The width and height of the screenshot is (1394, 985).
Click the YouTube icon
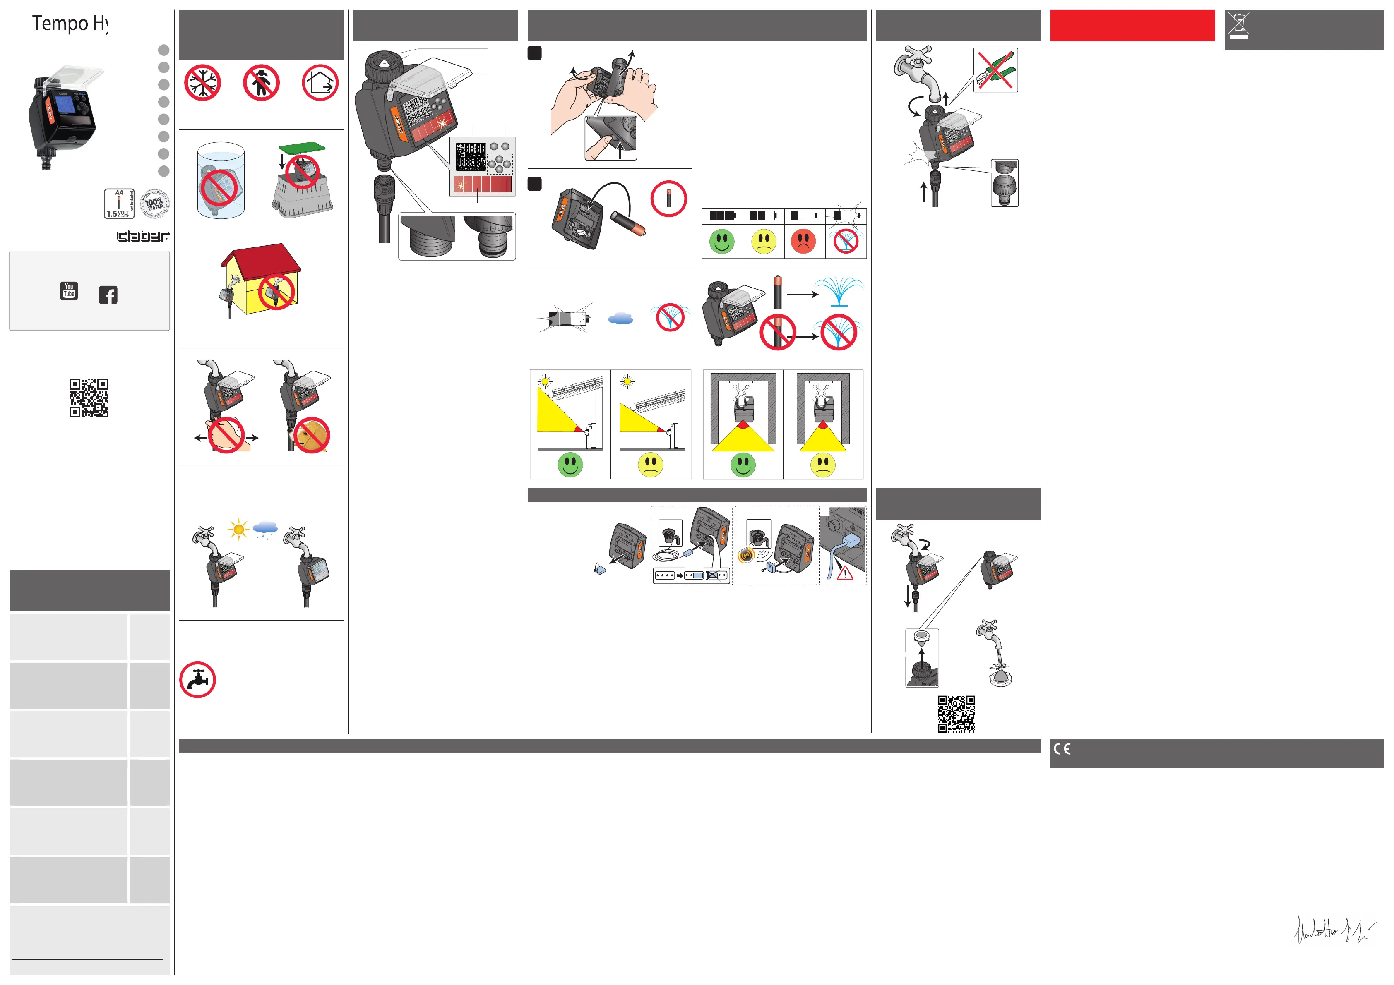click(69, 291)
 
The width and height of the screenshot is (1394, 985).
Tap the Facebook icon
click(108, 295)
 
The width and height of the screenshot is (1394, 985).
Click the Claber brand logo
click(143, 235)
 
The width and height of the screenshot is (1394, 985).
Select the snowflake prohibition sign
click(202, 83)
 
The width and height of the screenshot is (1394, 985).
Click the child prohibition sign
click(261, 83)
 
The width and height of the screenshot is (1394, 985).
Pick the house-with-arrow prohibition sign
click(320, 83)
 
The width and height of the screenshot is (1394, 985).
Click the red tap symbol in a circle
click(197, 680)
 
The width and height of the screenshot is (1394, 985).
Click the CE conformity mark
click(1062, 748)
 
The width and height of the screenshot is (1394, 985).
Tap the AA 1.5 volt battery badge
click(119, 203)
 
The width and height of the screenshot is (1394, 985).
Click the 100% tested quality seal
click(155, 203)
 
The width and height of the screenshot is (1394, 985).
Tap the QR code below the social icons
click(89, 398)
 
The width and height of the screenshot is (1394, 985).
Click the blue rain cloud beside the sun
click(265, 529)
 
